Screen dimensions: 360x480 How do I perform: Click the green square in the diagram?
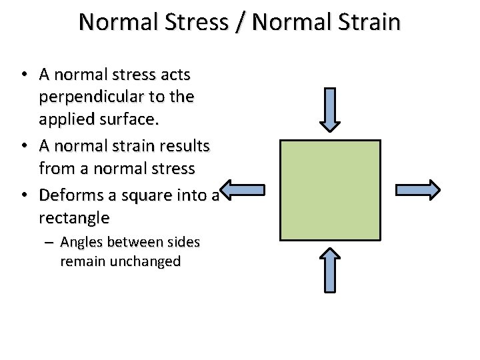331,190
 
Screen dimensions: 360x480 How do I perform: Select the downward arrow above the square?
331,109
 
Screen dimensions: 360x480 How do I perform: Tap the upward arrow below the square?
331,269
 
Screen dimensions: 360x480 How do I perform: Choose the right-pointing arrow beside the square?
418,190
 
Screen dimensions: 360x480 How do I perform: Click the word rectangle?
74,218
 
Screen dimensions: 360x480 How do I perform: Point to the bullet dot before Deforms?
23,195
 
